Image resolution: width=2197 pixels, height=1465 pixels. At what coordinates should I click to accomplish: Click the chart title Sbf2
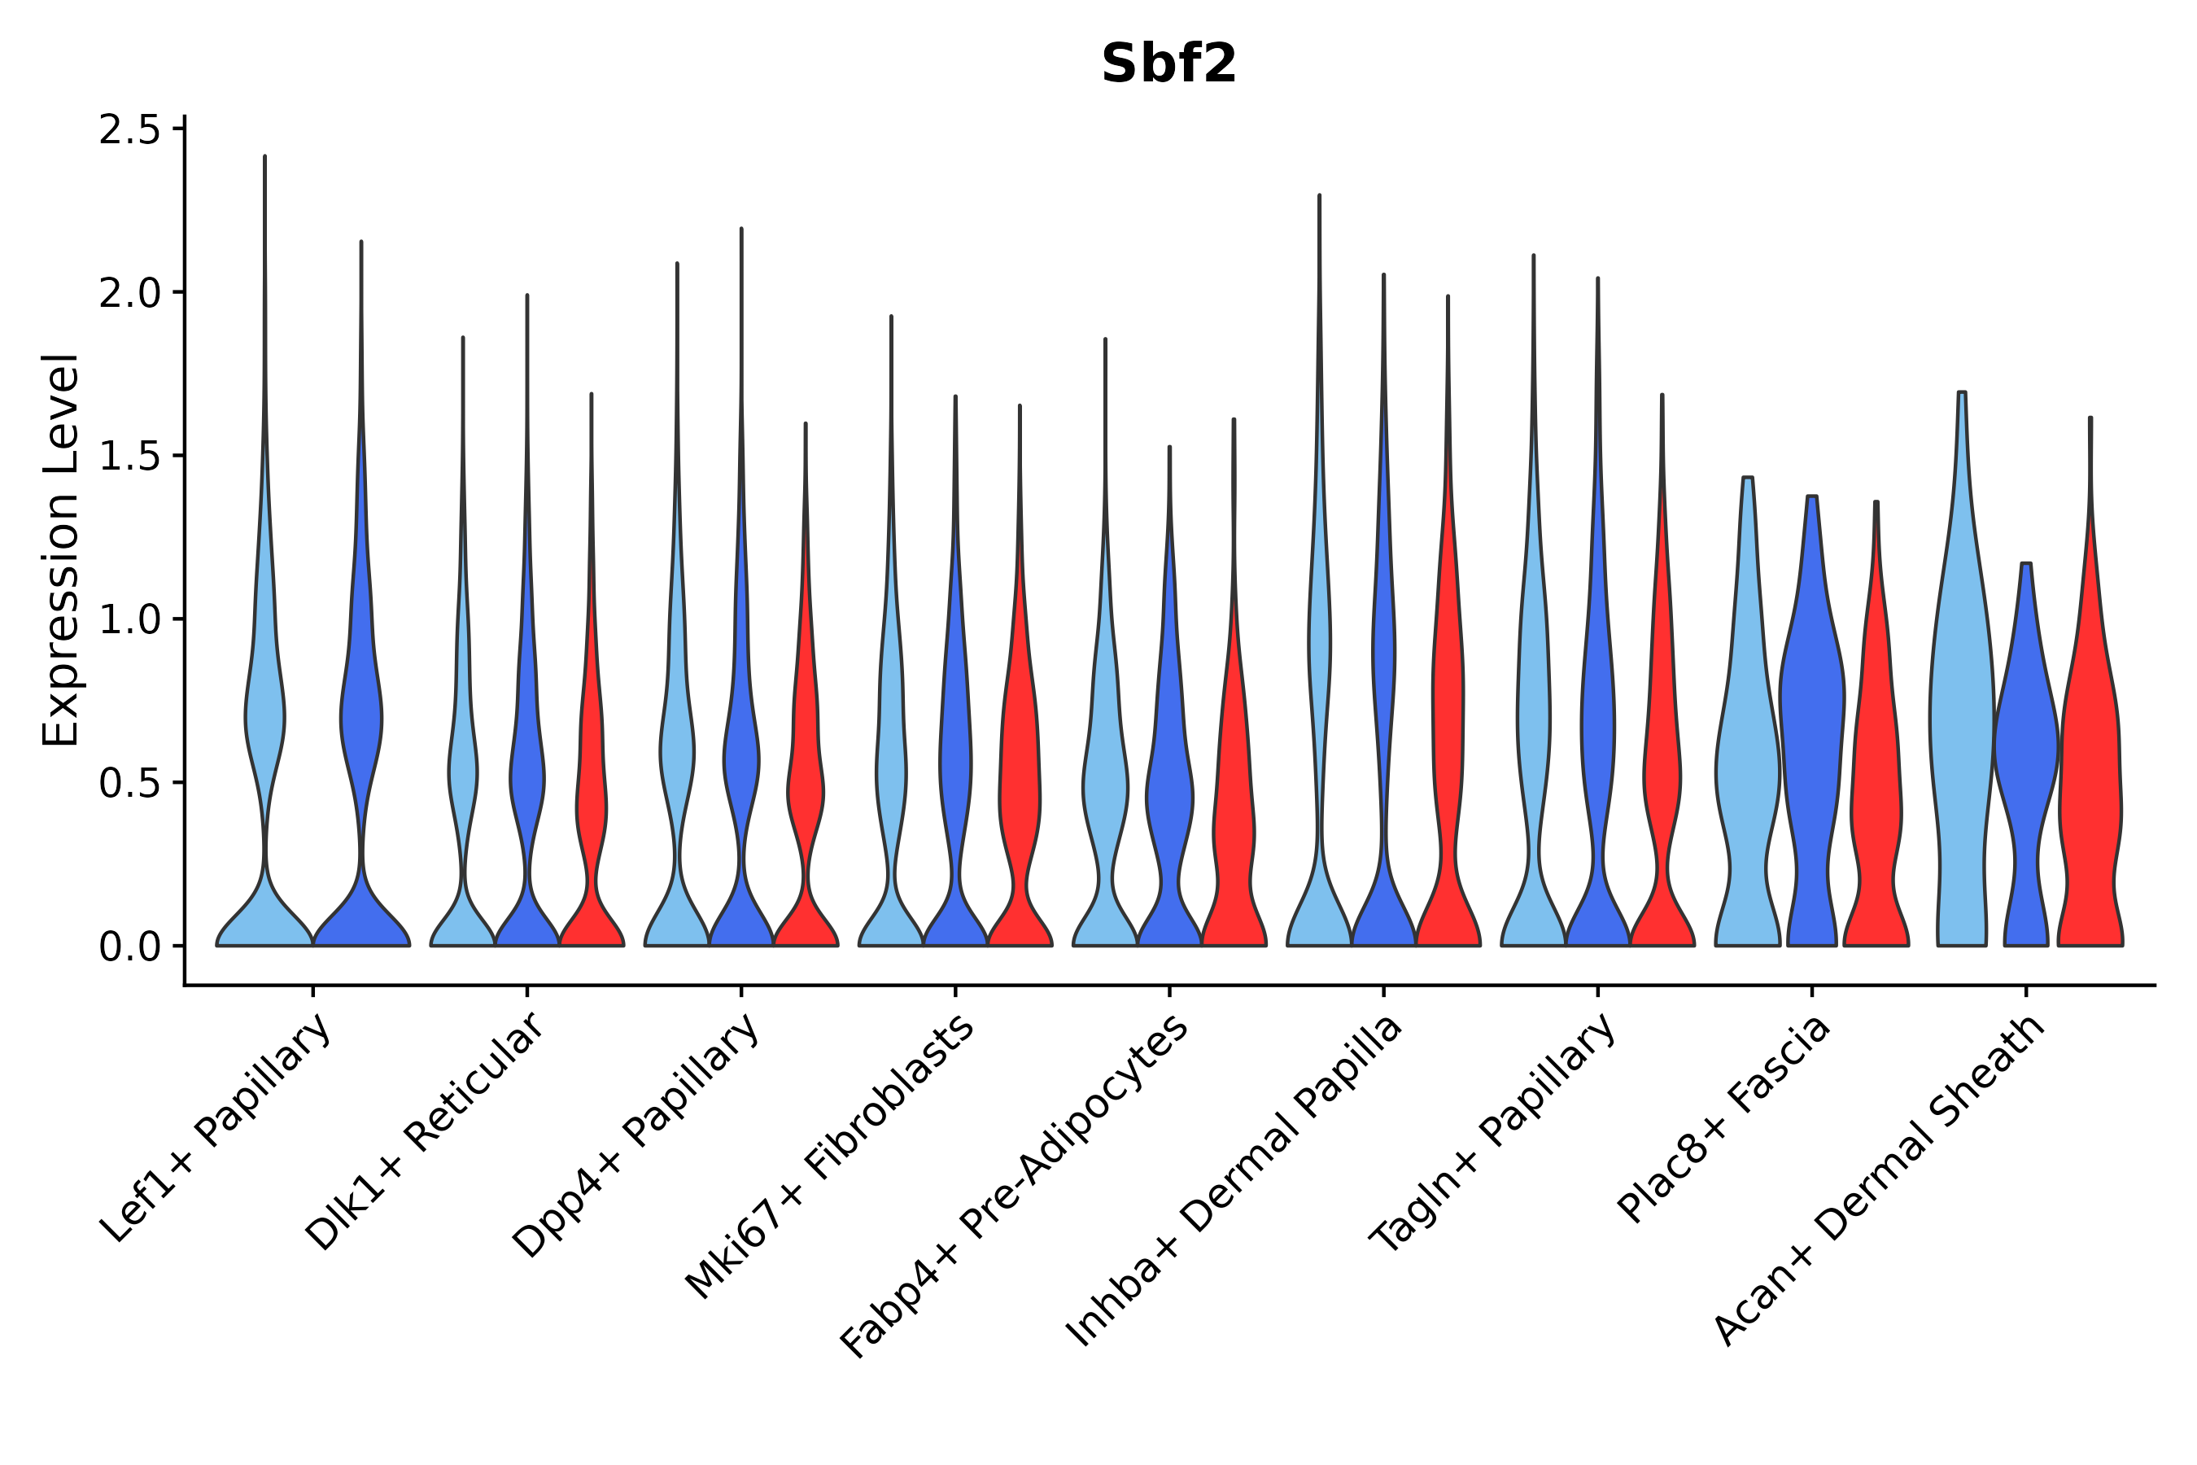click(1168, 65)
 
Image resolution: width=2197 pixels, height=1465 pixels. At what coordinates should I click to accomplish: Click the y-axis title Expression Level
click(61, 549)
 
